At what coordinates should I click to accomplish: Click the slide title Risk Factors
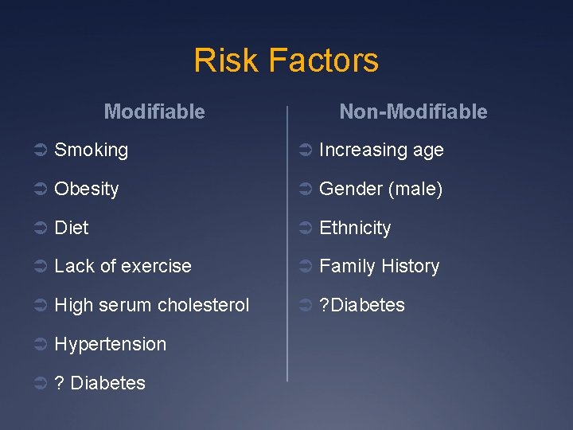pos(286,61)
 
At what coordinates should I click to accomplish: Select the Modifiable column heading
pos(154,111)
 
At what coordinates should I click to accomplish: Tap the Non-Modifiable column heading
pos(413,111)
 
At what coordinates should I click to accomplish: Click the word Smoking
pos(91,150)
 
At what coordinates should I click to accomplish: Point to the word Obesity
pos(86,189)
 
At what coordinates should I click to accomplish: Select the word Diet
pos(72,228)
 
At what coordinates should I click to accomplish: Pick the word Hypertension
pos(110,344)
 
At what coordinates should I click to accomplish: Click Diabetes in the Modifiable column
pos(107,383)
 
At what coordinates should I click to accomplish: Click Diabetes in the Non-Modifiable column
pos(367,305)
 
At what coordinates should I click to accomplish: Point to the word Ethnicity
pos(355,229)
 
